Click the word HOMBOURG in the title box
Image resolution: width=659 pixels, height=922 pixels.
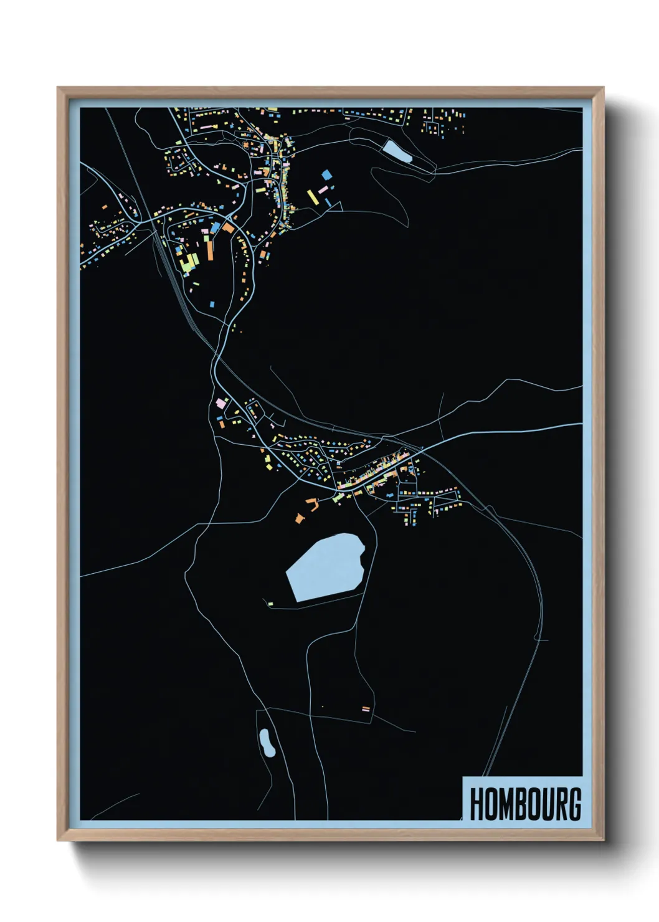click(x=524, y=804)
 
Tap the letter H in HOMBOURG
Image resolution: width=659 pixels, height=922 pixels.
click(x=477, y=804)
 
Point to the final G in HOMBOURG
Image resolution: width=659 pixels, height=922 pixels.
click(x=574, y=804)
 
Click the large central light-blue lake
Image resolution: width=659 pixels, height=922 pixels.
click(x=325, y=567)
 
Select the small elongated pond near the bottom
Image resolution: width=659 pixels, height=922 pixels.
click(x=267, y=742)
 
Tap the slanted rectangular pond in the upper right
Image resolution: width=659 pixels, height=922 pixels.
click(x=397, y=151)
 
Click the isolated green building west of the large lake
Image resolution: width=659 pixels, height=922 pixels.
click(x=270, y=603)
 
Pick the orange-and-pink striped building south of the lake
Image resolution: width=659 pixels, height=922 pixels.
click(x=366, y=708)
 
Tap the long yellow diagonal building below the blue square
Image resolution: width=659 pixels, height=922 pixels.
click(x=313, y=197)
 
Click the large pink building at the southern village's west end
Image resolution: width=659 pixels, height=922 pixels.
click(x=220, y=404)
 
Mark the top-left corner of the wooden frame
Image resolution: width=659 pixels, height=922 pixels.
click(x=58, y=88)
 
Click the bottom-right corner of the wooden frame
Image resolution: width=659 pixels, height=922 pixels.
click(x=603, y=840)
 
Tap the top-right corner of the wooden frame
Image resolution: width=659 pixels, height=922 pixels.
click(x=603, y=88)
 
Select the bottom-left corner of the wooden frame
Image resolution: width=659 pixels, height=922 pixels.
click(x=58, y=840)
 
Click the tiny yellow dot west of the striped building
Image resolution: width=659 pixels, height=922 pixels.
click(x=323, y=706)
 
